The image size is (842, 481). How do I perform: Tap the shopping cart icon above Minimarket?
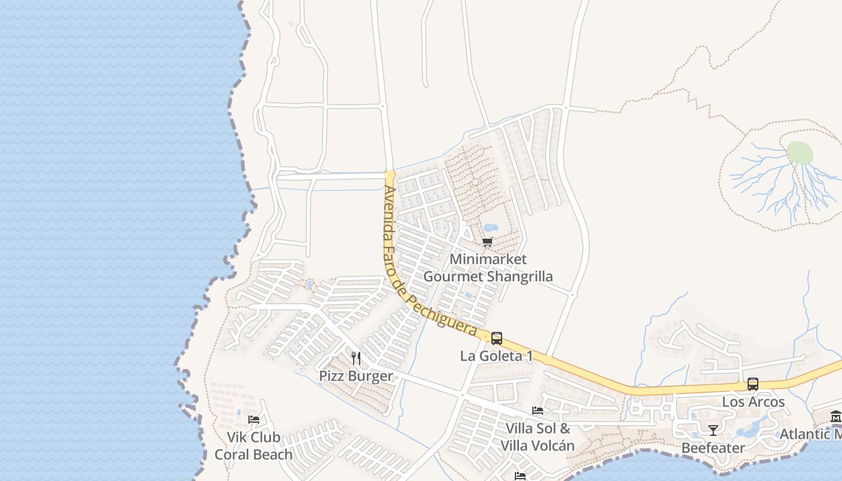coord(487,242)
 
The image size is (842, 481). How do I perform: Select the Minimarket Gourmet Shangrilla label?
coord(488,268)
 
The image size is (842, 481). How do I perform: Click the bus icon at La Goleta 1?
coord(497,338)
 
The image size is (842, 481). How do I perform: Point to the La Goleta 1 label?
coord(496,356)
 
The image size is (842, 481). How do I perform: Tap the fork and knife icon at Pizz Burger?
coord(356,358)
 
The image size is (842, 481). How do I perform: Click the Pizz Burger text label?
coord(356,376)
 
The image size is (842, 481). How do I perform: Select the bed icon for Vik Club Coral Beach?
coord(254,419)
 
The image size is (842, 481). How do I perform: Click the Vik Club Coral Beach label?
coord(253,446)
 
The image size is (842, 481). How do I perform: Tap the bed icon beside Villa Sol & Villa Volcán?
coord(538,411)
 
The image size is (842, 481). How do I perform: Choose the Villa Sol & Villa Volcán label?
coord(538,437)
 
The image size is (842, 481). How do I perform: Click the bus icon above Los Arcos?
coord(753,384)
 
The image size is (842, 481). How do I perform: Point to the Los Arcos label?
coord(753,402)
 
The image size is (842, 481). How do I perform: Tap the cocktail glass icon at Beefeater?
coord(713,430)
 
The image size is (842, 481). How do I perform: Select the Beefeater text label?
coord(713,448)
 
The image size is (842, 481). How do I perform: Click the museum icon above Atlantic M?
coord(835,417)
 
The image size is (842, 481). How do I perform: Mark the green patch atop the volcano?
coord(799,153)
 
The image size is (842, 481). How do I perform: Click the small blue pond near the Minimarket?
coord(491,228)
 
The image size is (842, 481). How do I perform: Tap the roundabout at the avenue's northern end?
coord(390,175)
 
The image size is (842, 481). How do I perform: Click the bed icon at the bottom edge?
coord(520,476)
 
